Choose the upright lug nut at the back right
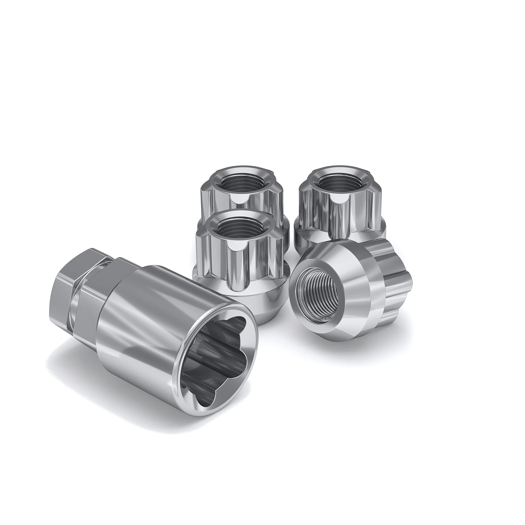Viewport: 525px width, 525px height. click(340, 201)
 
